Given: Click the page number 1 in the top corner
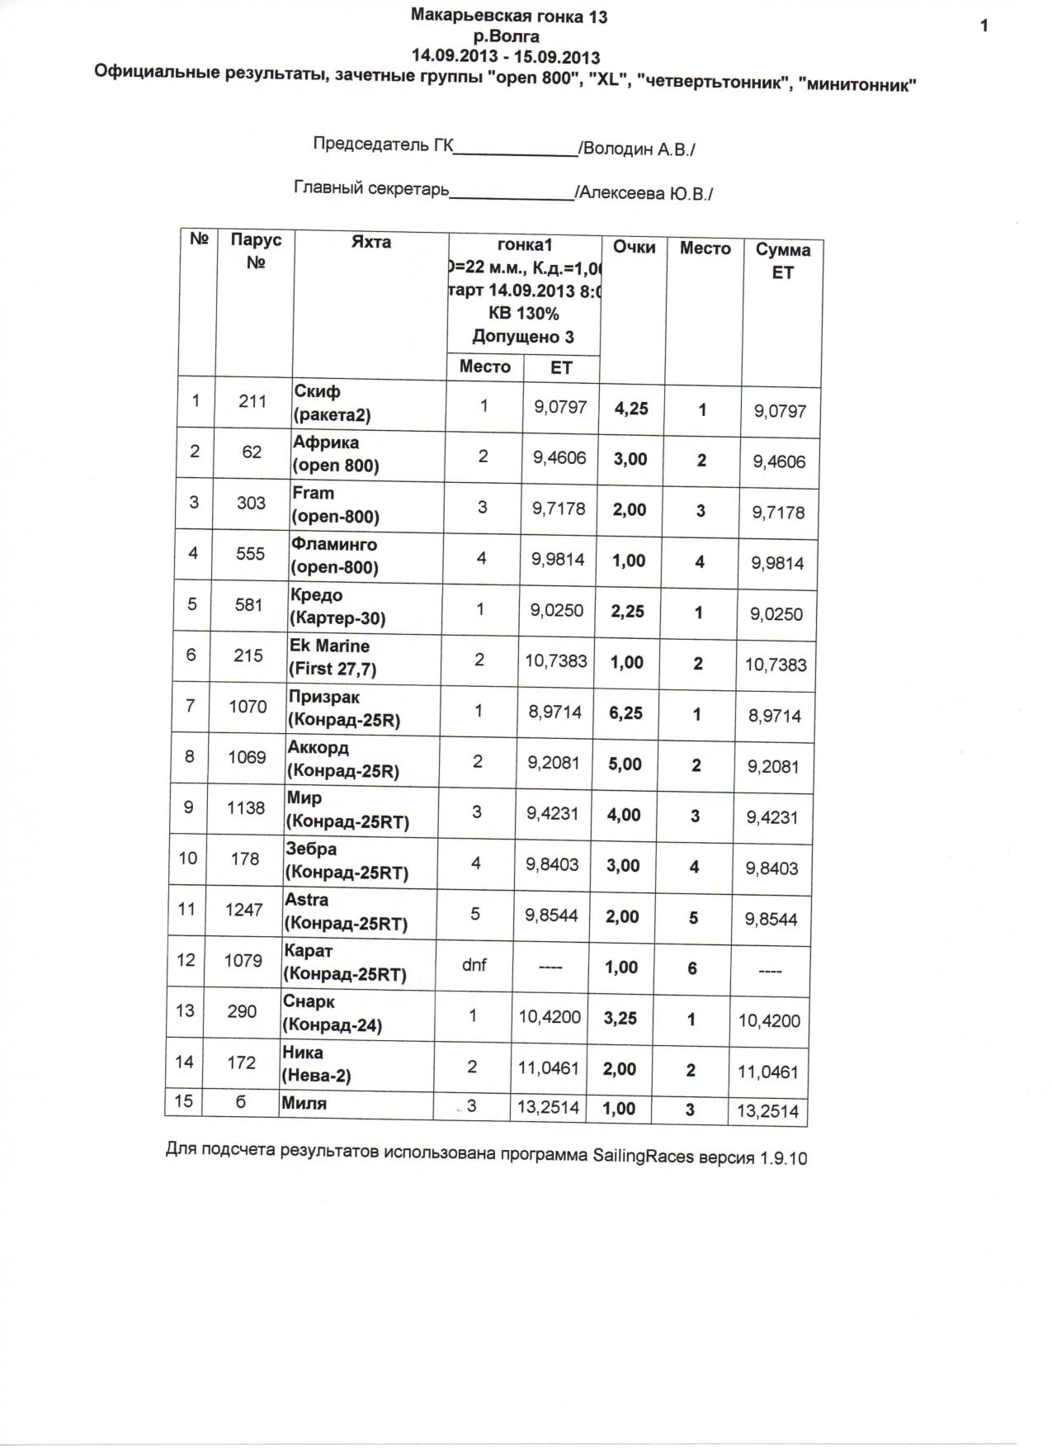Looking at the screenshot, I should (984, 26).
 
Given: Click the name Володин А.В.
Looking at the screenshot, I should (637, 149).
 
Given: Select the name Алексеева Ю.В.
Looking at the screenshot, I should (644, 193).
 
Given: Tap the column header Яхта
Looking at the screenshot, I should (370, 242).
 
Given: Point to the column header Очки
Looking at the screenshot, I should (634, 247).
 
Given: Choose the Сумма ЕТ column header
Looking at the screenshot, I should (782, 260).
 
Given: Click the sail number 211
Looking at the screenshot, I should (252, 401).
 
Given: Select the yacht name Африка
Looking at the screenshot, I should (325, 442).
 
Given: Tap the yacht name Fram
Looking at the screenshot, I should (314, 493).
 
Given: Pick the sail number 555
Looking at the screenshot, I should (250, 553).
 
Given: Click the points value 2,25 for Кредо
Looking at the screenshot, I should (627, 612).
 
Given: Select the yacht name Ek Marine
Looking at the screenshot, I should (329, 646).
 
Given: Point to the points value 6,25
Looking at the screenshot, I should (625, 713).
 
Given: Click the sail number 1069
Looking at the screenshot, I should (247, 757).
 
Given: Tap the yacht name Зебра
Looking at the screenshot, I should (311, 849).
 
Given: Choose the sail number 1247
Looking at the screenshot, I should (244, 910).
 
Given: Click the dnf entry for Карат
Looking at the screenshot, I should (474, 964).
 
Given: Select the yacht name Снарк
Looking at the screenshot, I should (309, 1001).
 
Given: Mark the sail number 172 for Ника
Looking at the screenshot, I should (241, 1062).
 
